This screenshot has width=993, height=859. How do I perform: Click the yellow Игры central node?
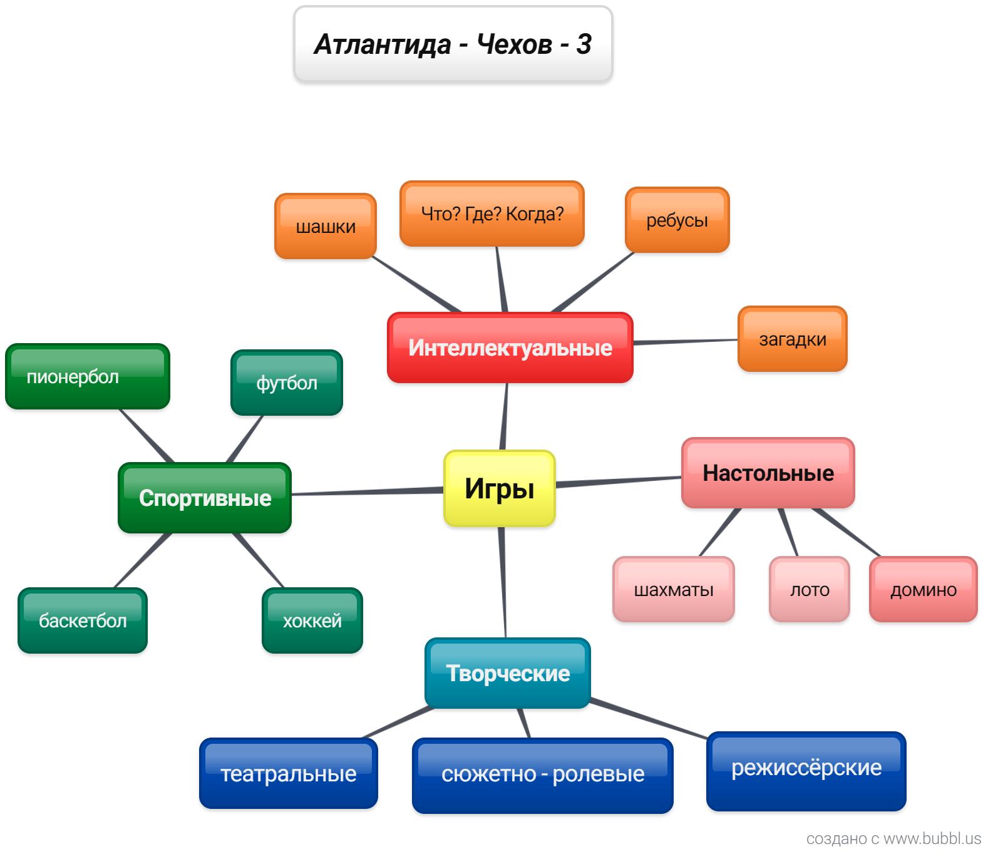[x=499, y=488]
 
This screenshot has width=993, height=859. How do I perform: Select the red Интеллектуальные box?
[x=510, y=347]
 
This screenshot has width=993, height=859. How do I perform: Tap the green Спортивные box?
[x=205, y=498]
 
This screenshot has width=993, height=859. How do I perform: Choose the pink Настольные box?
[x=768, y=473]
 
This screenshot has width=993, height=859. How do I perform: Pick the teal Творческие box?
[x=507, y=673]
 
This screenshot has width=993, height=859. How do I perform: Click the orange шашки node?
[x=325, y=226]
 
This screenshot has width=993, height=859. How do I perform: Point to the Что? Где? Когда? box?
[x=491, y=214]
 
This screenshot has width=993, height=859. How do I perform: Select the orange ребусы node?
[x=677, y=220]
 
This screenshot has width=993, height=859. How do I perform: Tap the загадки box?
[x=792, y=339]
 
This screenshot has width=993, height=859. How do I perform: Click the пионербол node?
[x=87, y=376]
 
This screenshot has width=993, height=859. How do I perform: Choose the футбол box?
[x=286, y=383]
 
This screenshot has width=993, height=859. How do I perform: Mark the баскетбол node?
[x=82, y=620]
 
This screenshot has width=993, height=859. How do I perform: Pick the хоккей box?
[x=312, y=620]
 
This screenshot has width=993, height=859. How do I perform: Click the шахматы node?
[x=673, y=589]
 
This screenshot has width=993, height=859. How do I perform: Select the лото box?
[x=809, y=589]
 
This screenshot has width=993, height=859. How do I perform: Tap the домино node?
[x=923, y=589]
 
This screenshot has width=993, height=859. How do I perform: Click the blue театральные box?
[x=288, y=774]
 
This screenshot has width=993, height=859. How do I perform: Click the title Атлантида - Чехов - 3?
[x=453, y=44]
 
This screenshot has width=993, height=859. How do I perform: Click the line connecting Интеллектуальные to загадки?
[x=686, y=342]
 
